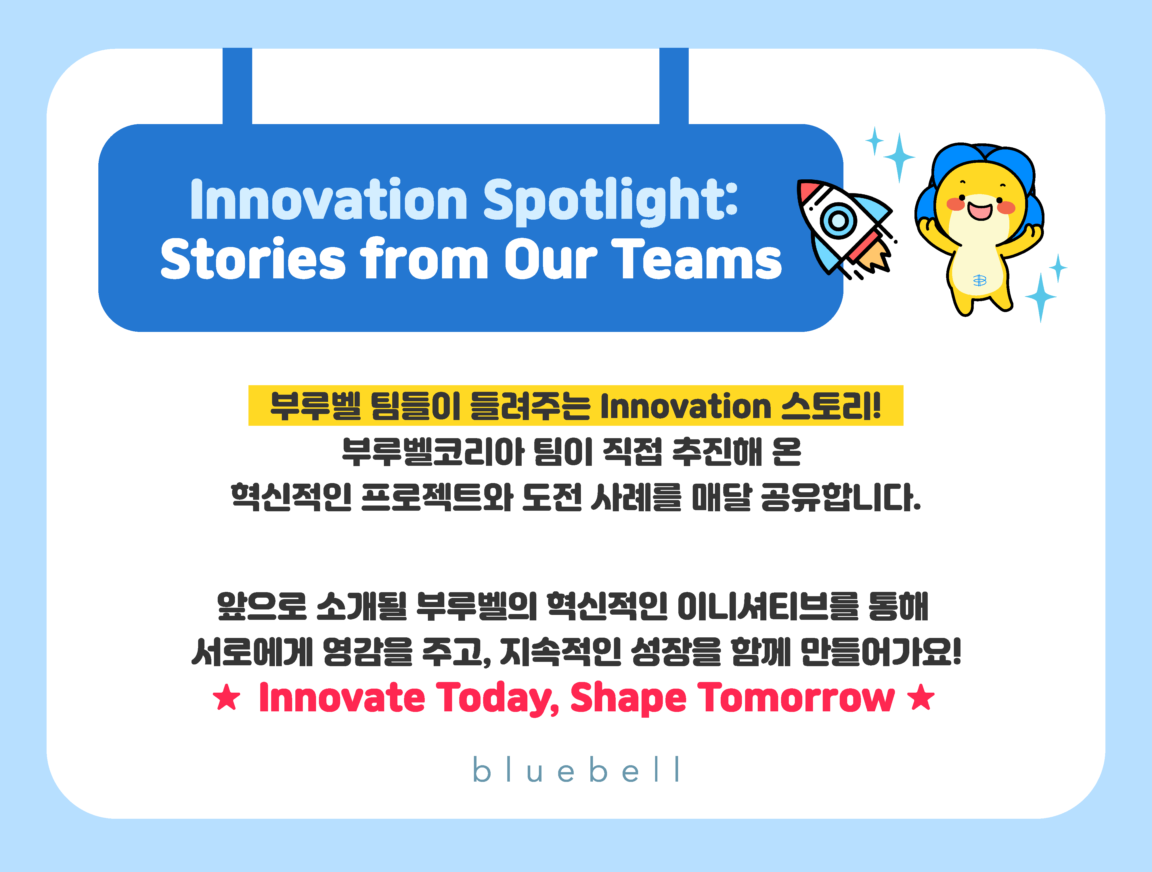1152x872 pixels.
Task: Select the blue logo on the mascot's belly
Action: click(980, 280)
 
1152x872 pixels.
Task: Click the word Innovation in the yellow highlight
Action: click(685, 406)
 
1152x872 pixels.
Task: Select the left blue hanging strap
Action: click(238, 86)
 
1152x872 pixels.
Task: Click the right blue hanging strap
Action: click(674, 86)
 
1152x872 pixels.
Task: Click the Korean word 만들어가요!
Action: click(880, 651)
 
